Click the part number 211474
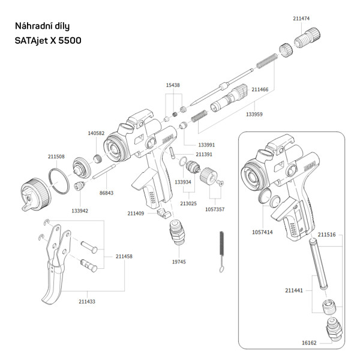(301, 19)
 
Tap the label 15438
(173, 85)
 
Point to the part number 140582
(96, 133)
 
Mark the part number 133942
(80, 211)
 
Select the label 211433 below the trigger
(86, 301)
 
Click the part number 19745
(179, 262)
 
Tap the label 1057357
(214, 209)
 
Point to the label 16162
(309, 343)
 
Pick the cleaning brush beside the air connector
(221, 253)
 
